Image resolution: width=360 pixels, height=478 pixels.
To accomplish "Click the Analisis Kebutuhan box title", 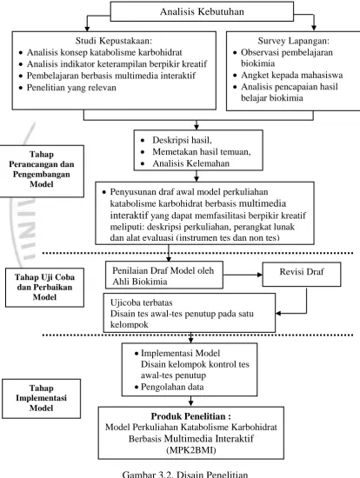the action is pyautogui.click(x=202, y=11).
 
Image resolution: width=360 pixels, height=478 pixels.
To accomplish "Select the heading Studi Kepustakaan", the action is pyautogui.click(x=114, y=40).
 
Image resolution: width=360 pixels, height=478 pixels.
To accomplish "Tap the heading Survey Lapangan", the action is pyautogui.click(x=294, y=41).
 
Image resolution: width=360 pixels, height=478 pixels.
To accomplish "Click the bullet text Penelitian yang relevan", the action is pyautogui.click(x=71, y=88).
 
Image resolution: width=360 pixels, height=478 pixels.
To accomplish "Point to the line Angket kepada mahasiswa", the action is pyautogui.click(x=291, y=75).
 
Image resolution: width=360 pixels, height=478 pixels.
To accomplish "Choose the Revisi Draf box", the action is pyautogui.click(x=302, y=275).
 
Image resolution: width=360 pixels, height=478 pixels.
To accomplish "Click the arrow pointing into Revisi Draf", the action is pyautogui.click(x=243, y=275).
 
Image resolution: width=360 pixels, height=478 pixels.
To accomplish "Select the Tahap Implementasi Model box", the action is pyautogui.click(x=41, y=398).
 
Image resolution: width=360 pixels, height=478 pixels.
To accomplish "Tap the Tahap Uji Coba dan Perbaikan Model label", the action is pyautogui.click(x=44, y=287).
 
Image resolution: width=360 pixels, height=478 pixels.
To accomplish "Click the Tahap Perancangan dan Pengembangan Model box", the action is pyautogui.click(x=42, y=171).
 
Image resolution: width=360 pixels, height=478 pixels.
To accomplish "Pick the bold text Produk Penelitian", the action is pyautogui.click(x=190, y=416).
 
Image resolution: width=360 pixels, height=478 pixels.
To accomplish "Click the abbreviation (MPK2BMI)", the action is pyautogui.click(x=191, y=450).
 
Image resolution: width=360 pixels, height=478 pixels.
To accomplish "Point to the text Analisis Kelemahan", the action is pyautogui.click(x=190, y=163).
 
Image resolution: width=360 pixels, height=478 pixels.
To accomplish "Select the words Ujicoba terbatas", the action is pyautogui.click(x=141, y=302).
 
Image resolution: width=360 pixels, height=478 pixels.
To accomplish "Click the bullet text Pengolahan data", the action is pyautogui.click(x=172, y=387).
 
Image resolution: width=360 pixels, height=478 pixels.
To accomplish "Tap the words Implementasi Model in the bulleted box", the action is pyautogui.click(x=180, y=353).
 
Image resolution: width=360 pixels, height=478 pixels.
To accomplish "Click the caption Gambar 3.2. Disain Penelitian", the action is pyautogui.click(x=185, y=474).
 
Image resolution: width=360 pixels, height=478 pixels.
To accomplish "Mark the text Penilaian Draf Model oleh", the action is pyautogui.click(x=163, y=270).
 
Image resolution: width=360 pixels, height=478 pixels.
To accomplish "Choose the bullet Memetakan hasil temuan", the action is pyautogui.click(x=202, y=151).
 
